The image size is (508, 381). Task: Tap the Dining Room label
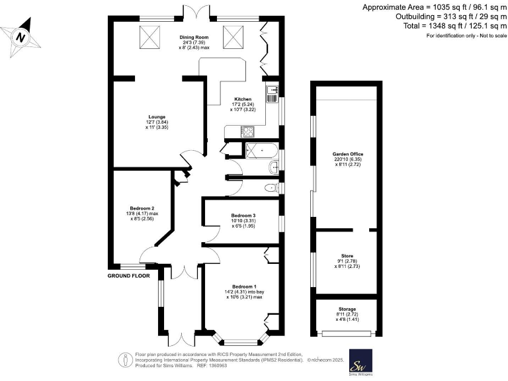coord(194,38)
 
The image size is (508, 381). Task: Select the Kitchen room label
coord(242,99)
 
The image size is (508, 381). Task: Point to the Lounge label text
coord(157,117)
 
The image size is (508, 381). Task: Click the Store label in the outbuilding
coord(347,255)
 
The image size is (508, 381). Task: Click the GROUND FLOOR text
coord(129,275)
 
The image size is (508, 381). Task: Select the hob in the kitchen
coord(249,132)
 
